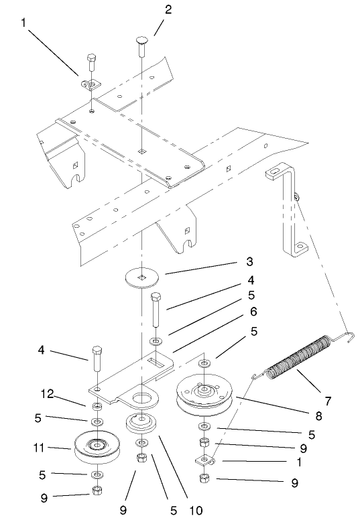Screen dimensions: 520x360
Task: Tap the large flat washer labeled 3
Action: tap(141, 277)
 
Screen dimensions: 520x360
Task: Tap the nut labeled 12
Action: tap(97, 407)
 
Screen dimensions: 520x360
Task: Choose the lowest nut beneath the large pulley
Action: tap(204, 478)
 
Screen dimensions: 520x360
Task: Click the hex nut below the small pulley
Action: tap(98, 491)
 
